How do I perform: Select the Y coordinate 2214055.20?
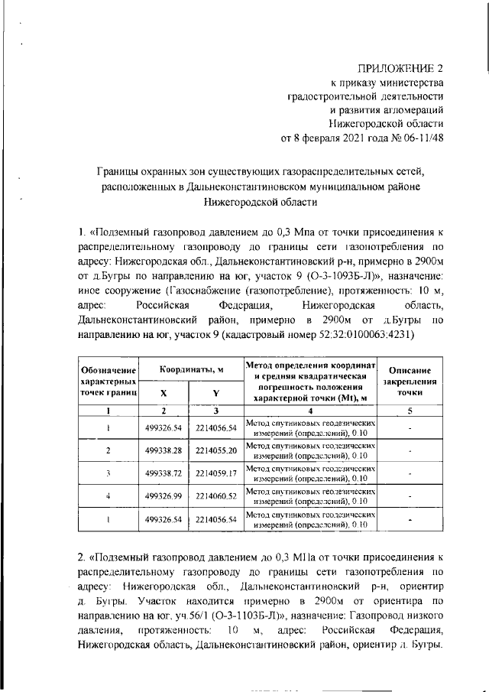pyautogui.click(x=216, y=450)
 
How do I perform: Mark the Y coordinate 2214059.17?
pyautogui.click(x=216, y=473)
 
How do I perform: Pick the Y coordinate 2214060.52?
pyautogui.click(x=216, y=497)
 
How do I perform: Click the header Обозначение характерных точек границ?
pyautogui.click(x=108, y=380)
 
